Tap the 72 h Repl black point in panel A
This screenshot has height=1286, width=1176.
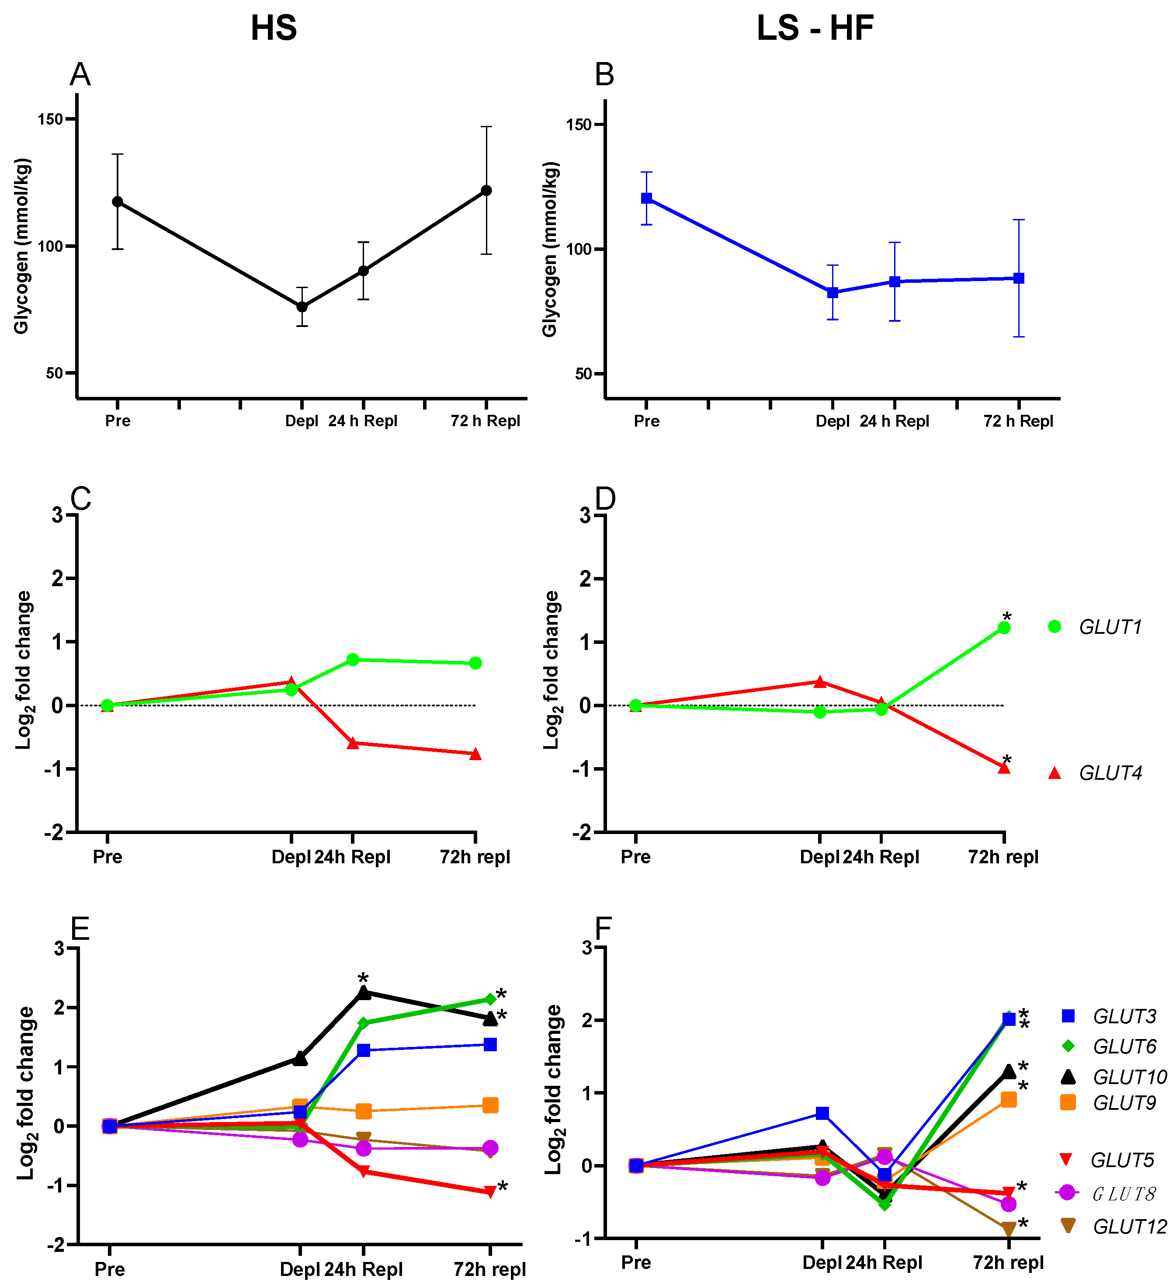coord(486,190)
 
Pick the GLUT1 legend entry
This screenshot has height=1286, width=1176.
coord(1110,627)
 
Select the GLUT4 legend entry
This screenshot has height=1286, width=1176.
coord(1110,773)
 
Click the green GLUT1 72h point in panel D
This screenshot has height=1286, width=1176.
coord(1004,628)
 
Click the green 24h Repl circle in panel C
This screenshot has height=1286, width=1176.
coord(353,660)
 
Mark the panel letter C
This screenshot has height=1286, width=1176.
coord(80,499)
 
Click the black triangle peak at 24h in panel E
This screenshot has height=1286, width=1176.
coord(364,993)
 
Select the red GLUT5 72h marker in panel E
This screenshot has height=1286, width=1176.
coord(490,1192)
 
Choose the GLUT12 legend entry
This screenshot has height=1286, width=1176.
coord(1129,1227)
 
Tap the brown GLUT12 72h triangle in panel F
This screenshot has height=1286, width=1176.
coord(1008,1229)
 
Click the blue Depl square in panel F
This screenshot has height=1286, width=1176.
coord(822,1113)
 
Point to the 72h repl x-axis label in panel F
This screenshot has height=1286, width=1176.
coord(1008,1262)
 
